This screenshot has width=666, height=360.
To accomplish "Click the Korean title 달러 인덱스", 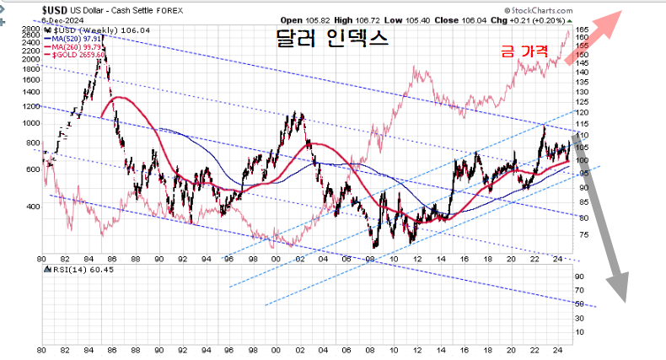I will click(332, 39).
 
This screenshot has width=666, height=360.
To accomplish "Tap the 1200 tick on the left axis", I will click(30, 107).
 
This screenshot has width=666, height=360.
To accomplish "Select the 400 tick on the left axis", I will click(33, 206).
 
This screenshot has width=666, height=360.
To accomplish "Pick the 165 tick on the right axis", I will click(583, 30).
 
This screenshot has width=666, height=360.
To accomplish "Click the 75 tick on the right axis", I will click(581, 235).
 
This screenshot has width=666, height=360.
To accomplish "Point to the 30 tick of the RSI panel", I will click(580, 317).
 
